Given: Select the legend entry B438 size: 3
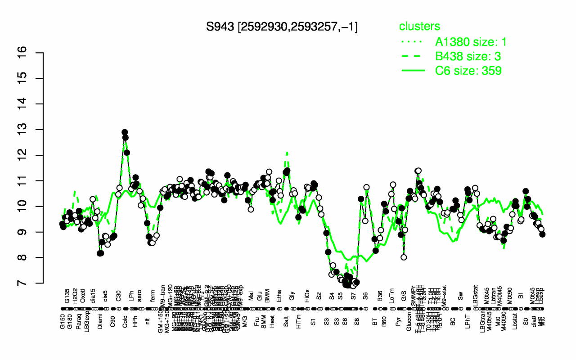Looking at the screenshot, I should click(468, 56).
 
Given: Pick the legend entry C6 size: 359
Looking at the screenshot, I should click(468, 71).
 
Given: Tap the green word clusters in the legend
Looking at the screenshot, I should click(419, 27).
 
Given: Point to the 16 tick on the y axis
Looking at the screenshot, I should click(36, 53).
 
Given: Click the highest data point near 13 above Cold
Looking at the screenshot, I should click(125, 132).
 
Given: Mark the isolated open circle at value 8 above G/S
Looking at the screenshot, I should click(404, 257).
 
